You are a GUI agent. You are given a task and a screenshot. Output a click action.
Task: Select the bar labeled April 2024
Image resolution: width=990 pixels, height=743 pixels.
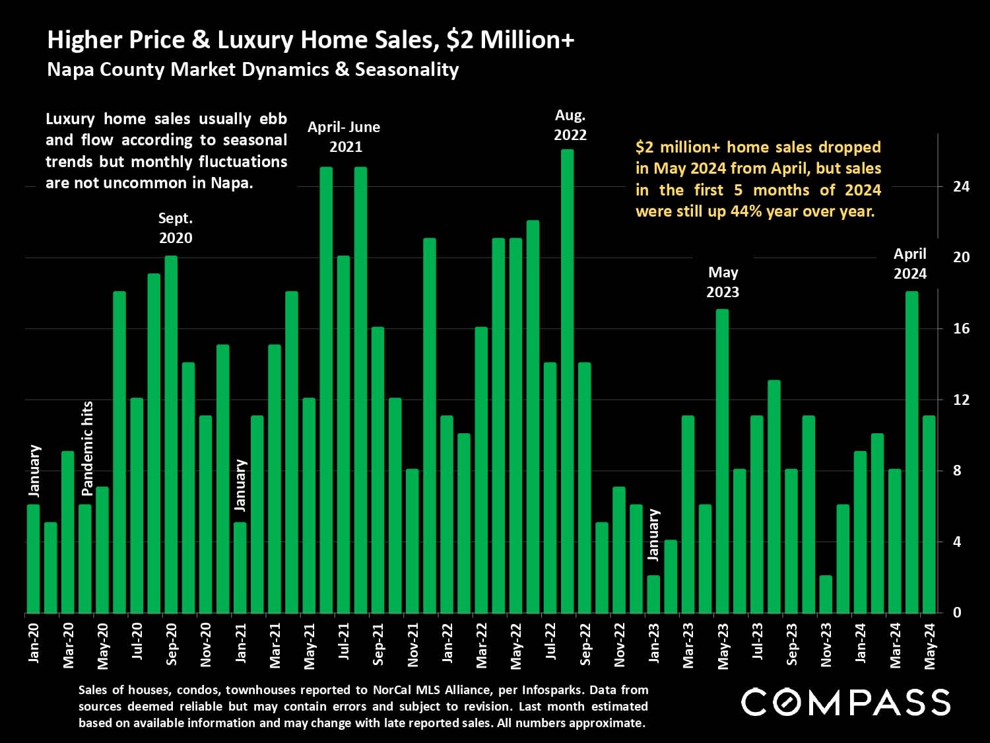(x=911, y=452)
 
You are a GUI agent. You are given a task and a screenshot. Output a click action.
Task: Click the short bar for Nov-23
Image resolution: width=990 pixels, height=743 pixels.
(x=826, y=594)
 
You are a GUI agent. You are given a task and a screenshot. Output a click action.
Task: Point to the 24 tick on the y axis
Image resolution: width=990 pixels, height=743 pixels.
(x=961, y=186)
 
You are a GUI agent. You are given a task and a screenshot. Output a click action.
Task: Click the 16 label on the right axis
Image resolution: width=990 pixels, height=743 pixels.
(x=961, y=328)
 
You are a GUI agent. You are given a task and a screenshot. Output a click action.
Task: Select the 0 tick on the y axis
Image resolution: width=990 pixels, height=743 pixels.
(x=957, y=613)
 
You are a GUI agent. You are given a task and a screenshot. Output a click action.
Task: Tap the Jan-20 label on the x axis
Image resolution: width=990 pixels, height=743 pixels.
(x=34, y=643)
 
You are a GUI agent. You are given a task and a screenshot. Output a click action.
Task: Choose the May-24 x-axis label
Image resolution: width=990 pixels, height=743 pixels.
(x=930, y=646)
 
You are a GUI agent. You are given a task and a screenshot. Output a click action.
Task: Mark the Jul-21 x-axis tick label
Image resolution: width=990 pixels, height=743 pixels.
(x=344, y=641)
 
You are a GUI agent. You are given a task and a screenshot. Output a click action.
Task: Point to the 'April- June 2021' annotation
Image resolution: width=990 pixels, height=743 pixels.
(x=344, y=137)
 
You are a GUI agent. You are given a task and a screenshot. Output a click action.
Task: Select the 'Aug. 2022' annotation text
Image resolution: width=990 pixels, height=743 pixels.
(x=570, y=125)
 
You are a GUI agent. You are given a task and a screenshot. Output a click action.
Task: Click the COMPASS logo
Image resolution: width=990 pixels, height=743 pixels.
(x=845, y=702)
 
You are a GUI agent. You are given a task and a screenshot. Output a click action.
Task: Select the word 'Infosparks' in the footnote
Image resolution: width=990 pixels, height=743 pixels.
(x=552, y=690)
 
